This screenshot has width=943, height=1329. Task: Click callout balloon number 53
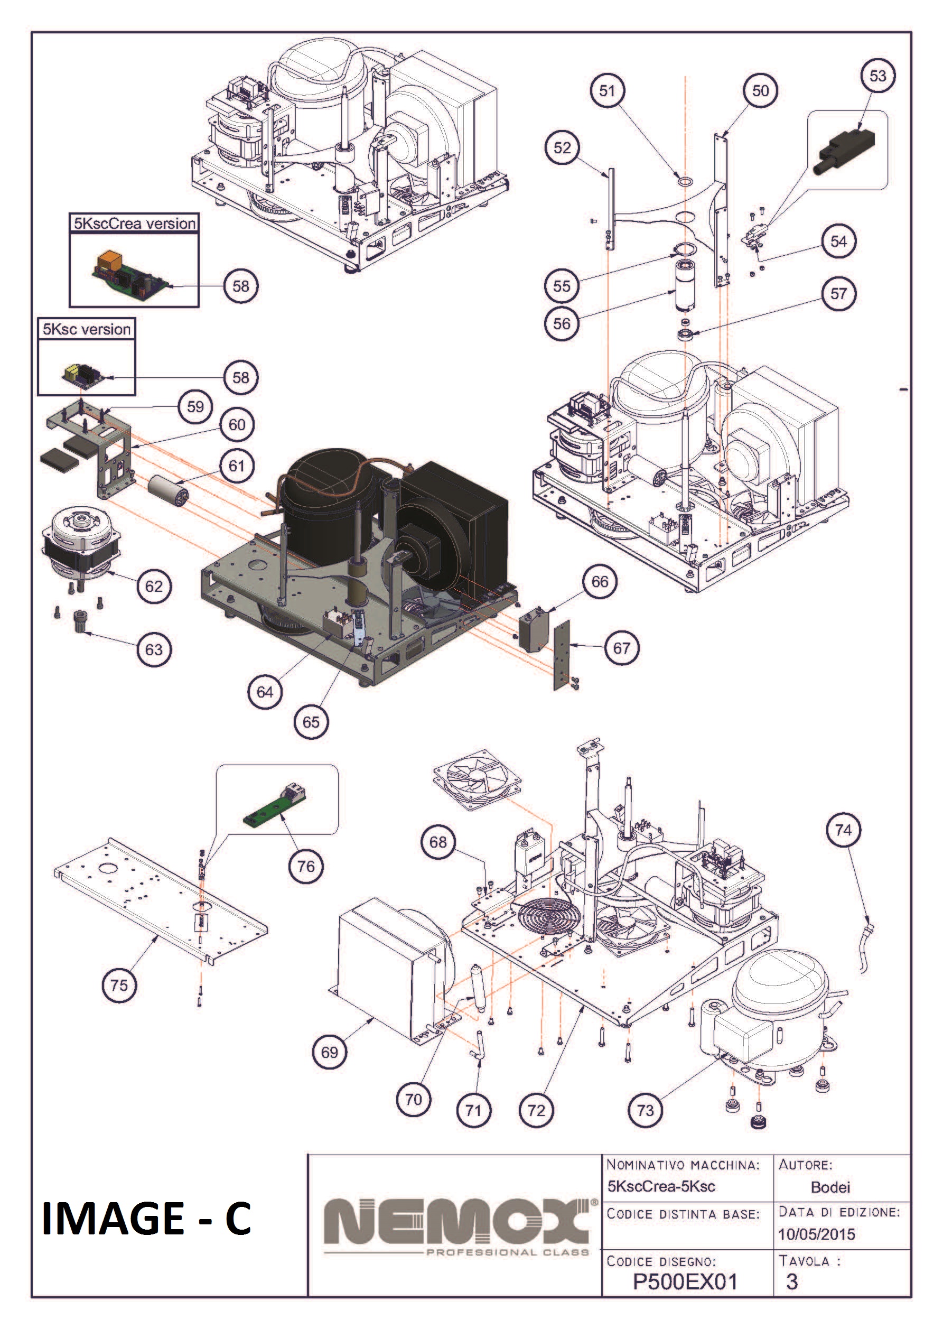click(877, 76)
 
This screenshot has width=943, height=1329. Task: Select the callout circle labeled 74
click(843, 830)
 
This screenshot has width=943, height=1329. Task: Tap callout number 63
click(154, 649)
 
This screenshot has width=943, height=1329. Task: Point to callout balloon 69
click(329, 1052)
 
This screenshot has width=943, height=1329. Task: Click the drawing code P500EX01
click(685, 1281)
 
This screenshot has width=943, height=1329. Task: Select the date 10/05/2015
click(816, 1234)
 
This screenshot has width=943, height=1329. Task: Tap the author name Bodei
click(830, 1187)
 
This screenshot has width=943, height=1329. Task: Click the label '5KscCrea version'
click(134, 224)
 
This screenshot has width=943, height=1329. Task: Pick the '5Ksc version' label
click(87, 329)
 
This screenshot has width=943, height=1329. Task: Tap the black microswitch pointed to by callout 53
click(845, 148)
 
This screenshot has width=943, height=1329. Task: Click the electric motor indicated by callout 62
click(81, 543)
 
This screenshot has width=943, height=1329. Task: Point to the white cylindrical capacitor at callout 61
click(169, 489)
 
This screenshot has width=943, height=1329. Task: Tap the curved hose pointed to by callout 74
click(866, 944)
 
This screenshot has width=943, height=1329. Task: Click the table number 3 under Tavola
click(791, 1281)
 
